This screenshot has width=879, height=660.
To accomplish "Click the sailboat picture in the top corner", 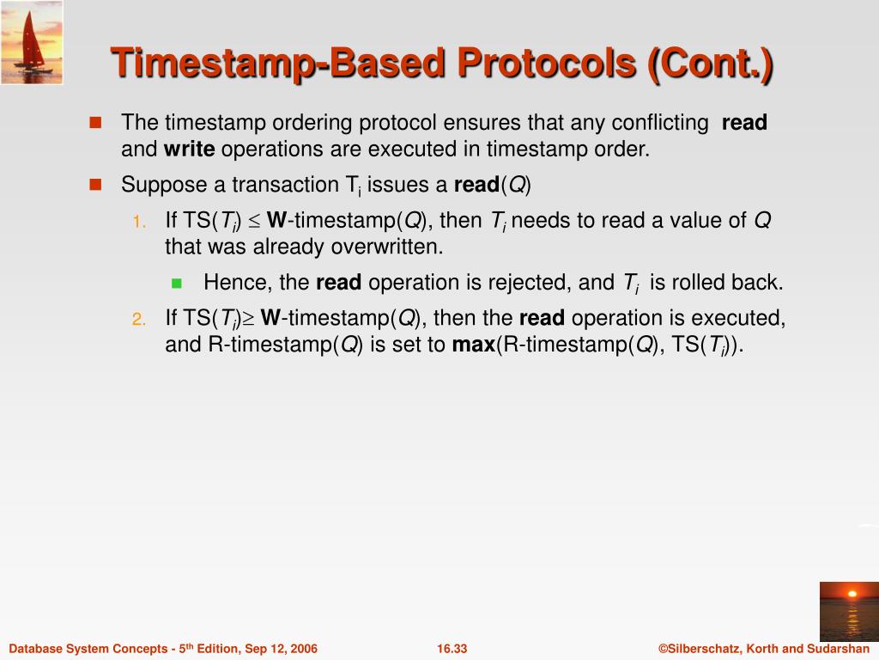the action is coord(32,43).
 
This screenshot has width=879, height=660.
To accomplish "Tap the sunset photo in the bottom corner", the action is coord(849,611).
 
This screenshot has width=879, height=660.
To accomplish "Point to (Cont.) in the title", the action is coord(710,64).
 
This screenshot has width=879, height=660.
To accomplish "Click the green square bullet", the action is coord(177,283).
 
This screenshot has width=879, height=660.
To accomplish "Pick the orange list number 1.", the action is coord(140,222).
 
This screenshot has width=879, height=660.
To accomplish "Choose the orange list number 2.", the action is coord(139,320).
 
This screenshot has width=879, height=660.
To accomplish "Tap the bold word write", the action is coord(189,150).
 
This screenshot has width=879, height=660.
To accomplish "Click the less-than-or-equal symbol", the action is coord(254,222).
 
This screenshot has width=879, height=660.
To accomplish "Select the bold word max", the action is coord(474,344).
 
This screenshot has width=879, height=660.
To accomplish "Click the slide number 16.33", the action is coord(452,649).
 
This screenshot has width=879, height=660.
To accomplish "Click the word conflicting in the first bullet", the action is coord(660,122).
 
